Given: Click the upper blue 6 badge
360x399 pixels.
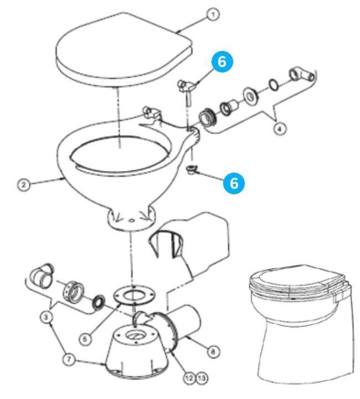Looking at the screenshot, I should tap(222, 63).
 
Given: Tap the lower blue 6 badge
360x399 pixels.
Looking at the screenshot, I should tap(234, 183).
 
